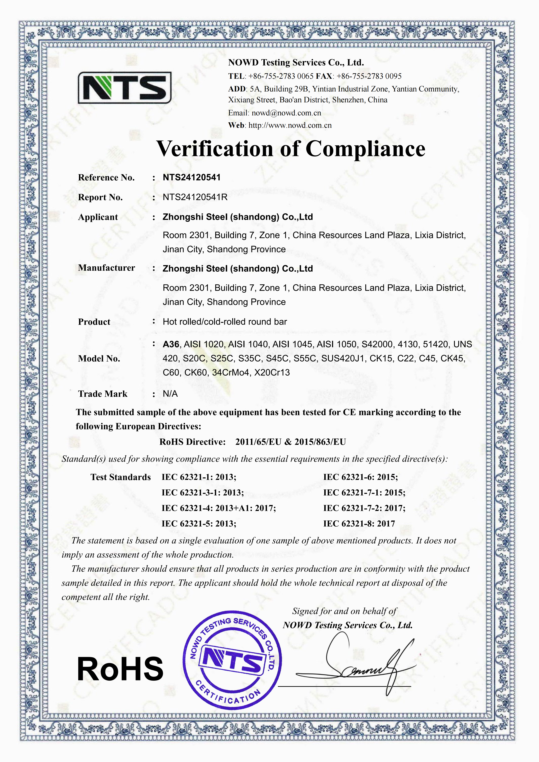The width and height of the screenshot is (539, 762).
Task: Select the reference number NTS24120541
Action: (191, 178)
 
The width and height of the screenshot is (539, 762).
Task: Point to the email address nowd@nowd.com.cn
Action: (286, 113)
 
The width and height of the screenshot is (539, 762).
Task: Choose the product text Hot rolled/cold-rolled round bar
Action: (225, 322)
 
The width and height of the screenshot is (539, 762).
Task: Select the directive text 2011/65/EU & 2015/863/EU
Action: (290, 442)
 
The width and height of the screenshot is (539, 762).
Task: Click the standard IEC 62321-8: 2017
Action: (359, 524)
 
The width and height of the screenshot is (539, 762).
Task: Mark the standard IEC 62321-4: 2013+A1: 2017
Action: (219, 508)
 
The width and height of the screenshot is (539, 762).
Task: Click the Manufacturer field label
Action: (107, 268)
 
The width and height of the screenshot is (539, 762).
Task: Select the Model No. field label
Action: (99, 358)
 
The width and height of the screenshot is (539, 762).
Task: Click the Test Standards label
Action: (121, 477)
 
